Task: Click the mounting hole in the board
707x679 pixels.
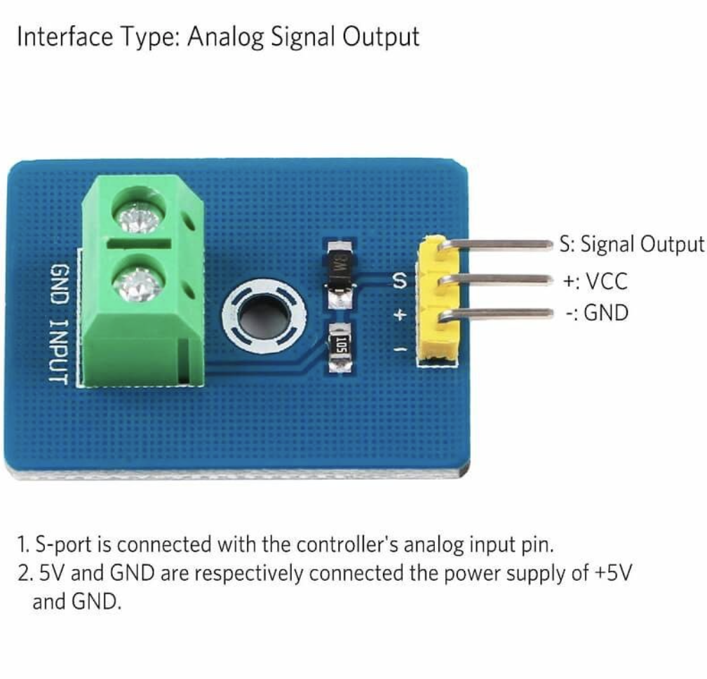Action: pyautogui.click(x=264, y=315)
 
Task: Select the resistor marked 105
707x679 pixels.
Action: pyautogui.click(x=340, y=346)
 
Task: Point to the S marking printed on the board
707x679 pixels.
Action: pyautogui.click(x=399, y=281)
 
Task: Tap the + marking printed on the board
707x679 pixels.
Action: pyautogui.click(x=399, y=315)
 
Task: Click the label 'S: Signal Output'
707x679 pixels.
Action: pyautogui.click(x=631, y=244)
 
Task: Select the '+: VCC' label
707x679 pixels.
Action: pyautogui.click(x=595, y=281)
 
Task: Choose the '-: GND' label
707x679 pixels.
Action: pyautogui.click(x=596, y=313)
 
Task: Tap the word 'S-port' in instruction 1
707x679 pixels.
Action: pyautogui.click(x=69, y=544)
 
